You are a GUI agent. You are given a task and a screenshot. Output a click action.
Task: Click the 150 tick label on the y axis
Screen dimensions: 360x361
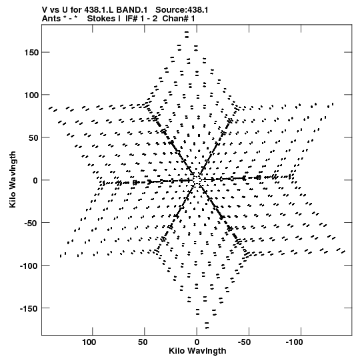click(31, 53)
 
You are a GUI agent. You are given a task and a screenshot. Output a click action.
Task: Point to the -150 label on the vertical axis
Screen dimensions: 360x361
click(29, 308)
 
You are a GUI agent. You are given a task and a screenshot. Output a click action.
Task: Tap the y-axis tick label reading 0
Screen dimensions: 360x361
click(35, 180)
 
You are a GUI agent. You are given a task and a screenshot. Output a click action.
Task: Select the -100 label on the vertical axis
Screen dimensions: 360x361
click(29, 266)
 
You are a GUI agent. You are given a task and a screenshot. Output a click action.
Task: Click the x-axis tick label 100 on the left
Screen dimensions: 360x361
click(89, 342)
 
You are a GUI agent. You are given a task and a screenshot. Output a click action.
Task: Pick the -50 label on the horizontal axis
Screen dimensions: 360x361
click(244, 342)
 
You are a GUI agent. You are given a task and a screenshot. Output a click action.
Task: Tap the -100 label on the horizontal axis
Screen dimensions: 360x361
click(294, 342)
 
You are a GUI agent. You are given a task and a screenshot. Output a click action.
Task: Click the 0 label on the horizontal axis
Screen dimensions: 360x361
click(197, 342)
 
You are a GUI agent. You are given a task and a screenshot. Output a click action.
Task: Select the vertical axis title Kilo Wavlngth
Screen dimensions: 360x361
click(13, 179)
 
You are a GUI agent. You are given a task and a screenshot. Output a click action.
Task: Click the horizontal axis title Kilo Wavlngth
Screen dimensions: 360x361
click(197, 351)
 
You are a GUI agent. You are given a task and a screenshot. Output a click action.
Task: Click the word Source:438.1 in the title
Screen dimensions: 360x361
click(182, 10)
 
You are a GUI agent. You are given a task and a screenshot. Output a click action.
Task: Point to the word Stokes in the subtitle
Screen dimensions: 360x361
click(101, 19)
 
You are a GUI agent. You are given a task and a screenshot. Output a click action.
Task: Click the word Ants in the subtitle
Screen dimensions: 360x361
click(51, 19)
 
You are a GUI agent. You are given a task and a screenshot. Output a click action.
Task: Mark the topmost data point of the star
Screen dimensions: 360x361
click(187, 32)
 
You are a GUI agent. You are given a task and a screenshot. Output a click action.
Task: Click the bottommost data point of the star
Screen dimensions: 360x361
click(207, 328)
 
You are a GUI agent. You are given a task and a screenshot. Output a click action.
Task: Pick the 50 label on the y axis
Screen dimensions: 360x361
click(34, 138)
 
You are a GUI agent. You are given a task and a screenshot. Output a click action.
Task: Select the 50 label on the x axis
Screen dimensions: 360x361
click(143, 342)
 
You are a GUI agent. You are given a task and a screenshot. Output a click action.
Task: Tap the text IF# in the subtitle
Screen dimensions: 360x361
click(132, 19)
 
